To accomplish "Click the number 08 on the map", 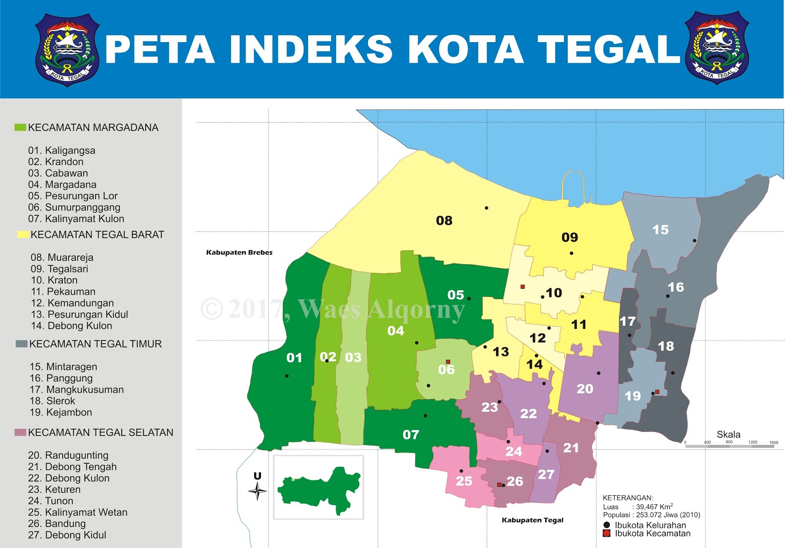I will (x=444, y=221).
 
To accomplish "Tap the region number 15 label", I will (x=660, y=230).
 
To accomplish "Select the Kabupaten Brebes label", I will (x=239, y=252).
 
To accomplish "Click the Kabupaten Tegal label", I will (x=532, y=520).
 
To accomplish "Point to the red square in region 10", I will (x=523, y=287).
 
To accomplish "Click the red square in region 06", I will (x=448, y=362).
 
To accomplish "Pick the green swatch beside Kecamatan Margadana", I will (x=20, y=127).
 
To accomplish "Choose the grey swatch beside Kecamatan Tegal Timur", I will (x=22, y=344).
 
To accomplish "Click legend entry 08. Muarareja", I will (x=62, y=257).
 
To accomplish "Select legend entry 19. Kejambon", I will (x=61, y=412).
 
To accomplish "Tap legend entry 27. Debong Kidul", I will (x=67, y=535).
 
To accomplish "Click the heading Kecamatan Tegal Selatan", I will (x=101, y=432).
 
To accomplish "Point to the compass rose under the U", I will (x=258, y=491).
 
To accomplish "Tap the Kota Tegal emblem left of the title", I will (x=68, y=50).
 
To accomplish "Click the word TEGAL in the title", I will (x=609, y=50).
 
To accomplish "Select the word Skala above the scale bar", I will (x=728, y=434).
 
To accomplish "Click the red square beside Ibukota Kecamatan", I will (x=606, y=533).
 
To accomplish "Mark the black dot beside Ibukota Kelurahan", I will (x=606, y=525).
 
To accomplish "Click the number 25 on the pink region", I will (x=464, y=481).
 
